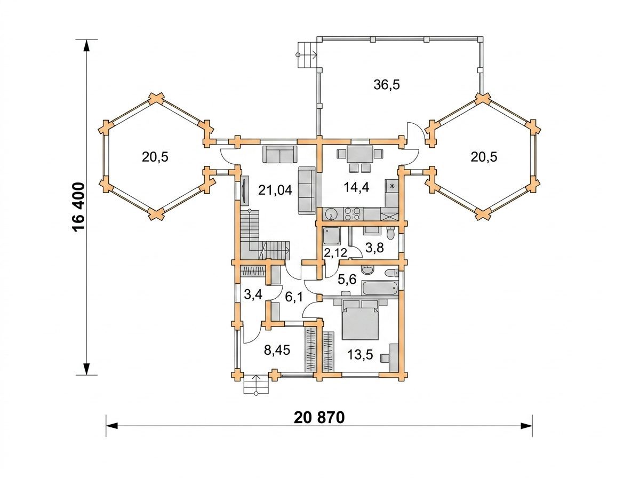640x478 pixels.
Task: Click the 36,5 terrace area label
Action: coord(386,85)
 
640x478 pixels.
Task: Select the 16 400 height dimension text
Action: coord(79,208)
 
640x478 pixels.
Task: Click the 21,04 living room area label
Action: coord(275,190)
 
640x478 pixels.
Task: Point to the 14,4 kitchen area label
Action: coord(356,187)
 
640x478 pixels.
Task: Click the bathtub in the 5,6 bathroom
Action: coord(380,289)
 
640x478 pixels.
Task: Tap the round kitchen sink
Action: coord(332,214)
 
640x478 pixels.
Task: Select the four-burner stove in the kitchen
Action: coord(353,213)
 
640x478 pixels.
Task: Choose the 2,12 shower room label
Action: coord(335,252)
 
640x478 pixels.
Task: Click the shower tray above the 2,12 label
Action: coord(331,236)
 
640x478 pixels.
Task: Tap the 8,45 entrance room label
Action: coord(277,350)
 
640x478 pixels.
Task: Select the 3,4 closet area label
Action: coord(253,294)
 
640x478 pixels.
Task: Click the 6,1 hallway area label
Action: coord(294,297)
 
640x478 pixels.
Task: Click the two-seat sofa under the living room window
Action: coord(279,154)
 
